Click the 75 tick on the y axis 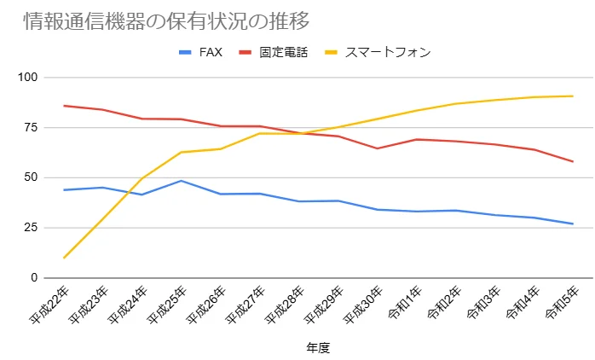[x=32, y=128]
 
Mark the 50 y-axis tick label [x=32, y=177]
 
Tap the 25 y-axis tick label [x=32, y=228]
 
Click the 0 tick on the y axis [x=35, y=278]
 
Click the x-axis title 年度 [x=317, y=348]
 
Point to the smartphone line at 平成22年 [x=64, y=258]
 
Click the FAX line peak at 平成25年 [x=182, y=181]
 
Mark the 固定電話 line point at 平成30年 [x=378, y=148]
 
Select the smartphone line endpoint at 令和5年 [x=573, y=96]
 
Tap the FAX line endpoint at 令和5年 [x=573, y=224]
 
